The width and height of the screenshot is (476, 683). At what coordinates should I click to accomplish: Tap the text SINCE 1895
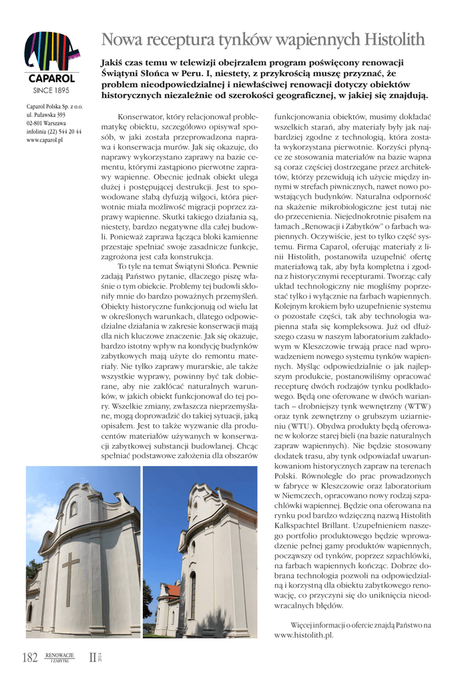click(x=51, y=89)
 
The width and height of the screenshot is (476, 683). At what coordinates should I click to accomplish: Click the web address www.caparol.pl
click(x=44, y=141)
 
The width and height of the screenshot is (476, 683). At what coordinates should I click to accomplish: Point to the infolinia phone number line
click(x=53, y=132)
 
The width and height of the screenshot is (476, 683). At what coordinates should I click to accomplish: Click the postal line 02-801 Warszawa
click(x=45, y=123)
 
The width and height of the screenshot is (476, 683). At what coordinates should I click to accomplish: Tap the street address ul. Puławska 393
click(x=45, y=115)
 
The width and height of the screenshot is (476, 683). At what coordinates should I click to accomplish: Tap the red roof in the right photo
click(x=172, y=590)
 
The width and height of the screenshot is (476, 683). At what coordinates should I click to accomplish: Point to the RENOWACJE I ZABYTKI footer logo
click(x=60, y=658)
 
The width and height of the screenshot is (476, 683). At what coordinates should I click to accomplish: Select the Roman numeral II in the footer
click(x=93, y=658)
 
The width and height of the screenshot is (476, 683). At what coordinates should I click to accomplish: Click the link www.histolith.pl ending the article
click(x=304, y=635)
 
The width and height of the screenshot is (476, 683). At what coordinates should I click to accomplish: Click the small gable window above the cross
click(x=73, y=508)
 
